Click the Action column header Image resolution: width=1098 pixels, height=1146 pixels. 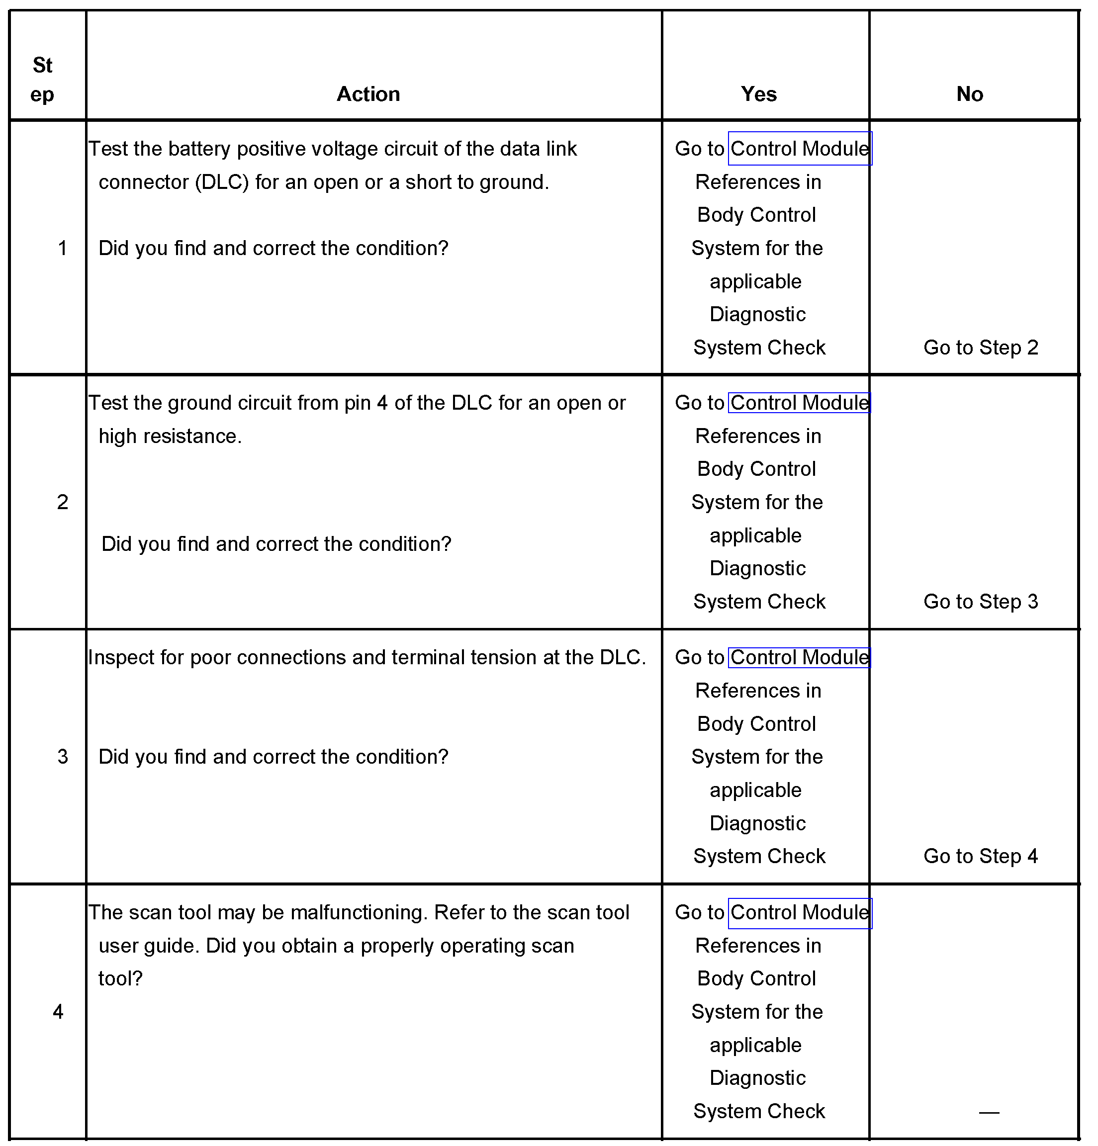pyautogui.click(x=368, y=94)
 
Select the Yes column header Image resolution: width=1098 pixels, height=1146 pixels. pyautogui.click(x=758, y=94)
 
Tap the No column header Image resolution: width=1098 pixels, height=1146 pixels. pyautogui.click(x=969, y=94)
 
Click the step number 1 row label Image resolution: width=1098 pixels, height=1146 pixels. pyautogui.click(x=63, y=249)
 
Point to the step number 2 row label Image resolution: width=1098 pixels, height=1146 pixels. pyautogui.click(x=63, y=502)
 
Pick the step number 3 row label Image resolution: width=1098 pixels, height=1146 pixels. pyautogui.click(x=63, y=757)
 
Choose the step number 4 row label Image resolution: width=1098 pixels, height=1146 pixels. pyautogui.click(x=58, y=1012)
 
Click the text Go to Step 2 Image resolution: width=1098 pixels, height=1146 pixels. pyautogui.click(x=981, y=348)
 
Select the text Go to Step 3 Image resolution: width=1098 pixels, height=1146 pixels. pyautogui.click(x=981, y=602)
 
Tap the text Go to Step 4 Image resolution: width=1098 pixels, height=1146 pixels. pyautogui.click(x=981, y=856)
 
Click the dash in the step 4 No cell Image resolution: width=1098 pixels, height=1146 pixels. pyautogui.click(x=989, y=1112)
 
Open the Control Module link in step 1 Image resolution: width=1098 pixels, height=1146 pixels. pyautogui.click(x=799, y=149)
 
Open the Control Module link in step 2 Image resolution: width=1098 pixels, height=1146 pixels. pyautogui.click(x=799, y=403)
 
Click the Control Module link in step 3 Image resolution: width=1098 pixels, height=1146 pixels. pyautogui.click(x=799, y=657)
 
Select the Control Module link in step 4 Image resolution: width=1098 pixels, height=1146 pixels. pyautogui.click(x=799, y=912)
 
